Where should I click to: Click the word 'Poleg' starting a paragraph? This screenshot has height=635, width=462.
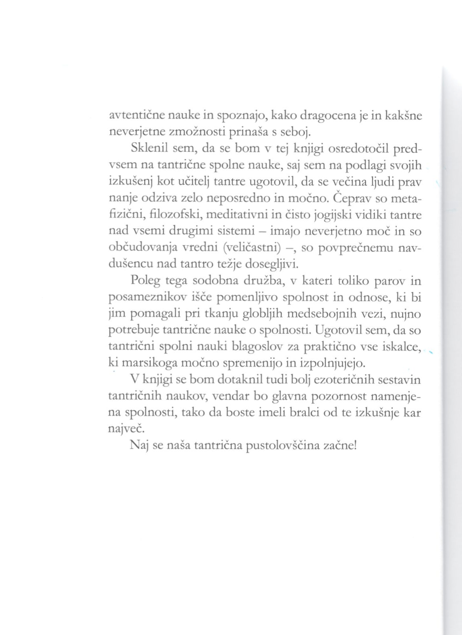coord(145,281)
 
